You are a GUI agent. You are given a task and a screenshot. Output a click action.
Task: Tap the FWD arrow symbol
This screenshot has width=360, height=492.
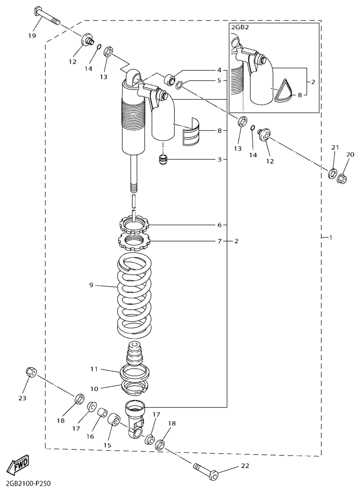(x=18, y=463)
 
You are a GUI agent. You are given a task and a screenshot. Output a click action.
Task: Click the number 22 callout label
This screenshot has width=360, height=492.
(x=245, y=466)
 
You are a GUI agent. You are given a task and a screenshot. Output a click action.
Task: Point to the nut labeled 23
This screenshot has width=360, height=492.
(x=31, y=372)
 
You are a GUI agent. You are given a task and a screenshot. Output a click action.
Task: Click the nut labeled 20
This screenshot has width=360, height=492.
(x=342, y=179)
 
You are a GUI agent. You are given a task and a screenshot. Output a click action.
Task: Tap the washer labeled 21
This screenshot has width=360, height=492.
(x=332, y=174)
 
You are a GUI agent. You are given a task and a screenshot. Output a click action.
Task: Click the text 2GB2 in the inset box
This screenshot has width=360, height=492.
(x=239, y=27)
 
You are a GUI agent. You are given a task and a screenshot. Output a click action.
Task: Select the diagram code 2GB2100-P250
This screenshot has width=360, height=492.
(x=26, y=484)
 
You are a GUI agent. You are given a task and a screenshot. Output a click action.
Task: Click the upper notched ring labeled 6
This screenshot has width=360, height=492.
(x=135, y=225)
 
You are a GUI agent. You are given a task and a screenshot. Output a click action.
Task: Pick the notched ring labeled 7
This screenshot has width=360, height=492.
(x=135, y=241)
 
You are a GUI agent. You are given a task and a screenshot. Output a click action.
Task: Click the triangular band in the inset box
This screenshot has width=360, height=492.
(x=284, y=91)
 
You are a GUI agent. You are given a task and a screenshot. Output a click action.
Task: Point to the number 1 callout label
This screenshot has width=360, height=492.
(x=330, y=237)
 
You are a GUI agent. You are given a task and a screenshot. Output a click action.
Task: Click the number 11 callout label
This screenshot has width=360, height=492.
(x=94, y=369)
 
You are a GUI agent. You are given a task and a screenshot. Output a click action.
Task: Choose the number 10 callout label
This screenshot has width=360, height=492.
(x=94, y=389)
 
